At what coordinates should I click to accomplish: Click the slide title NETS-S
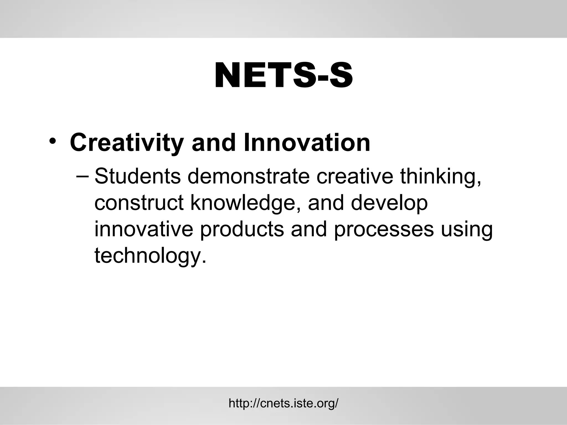(x=283, y=76)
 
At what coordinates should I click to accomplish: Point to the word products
(x=242, y=230)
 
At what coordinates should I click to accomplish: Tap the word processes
(x=384, y=230)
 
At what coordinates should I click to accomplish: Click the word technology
(x=150, y=256)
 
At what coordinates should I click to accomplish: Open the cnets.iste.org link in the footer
(x=283, y=403)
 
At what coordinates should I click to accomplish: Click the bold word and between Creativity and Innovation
(x=213, y=143)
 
